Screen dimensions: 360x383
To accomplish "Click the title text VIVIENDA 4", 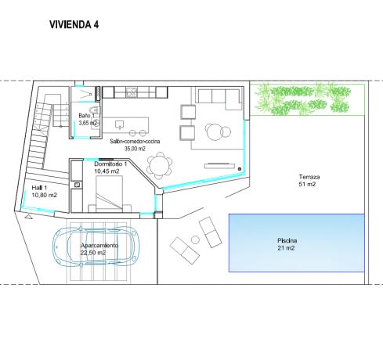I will click(74, 24).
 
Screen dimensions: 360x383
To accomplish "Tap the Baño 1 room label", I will click(86, 116).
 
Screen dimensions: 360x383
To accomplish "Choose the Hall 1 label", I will click(41, 188).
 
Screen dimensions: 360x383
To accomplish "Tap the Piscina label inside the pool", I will click(287, 240).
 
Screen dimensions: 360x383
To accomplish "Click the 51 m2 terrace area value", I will click(307, 185).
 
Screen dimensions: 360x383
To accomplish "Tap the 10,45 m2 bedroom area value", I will click(107, 171).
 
